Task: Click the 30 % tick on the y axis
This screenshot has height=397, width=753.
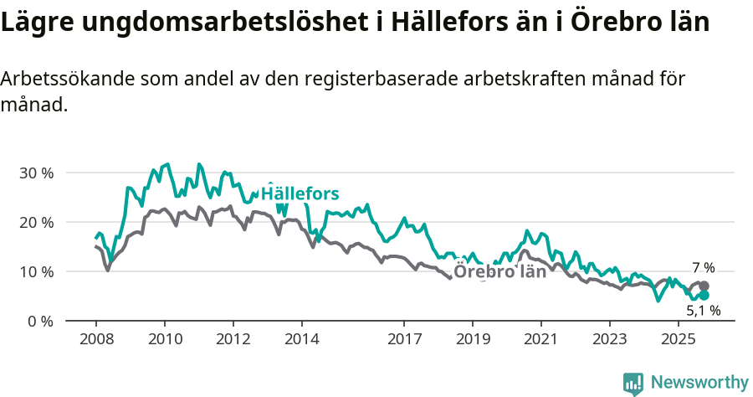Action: coord(36,173)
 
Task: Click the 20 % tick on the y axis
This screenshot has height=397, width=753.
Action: coord(36,222)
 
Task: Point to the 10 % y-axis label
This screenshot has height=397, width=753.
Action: coord(36,271)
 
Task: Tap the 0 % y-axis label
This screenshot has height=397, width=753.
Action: coord(40,321)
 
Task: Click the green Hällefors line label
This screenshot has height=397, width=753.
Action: coord(300,194)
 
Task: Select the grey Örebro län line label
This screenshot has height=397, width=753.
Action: coord(499,271)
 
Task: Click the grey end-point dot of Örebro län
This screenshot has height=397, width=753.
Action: coord(704,286)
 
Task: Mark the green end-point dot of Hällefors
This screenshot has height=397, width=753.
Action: coord(704,296)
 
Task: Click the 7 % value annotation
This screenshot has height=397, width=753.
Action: coord(704,268)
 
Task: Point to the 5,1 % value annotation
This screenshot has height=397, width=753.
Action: coord(704,312)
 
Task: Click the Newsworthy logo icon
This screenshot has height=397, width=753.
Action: coord(633,384)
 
